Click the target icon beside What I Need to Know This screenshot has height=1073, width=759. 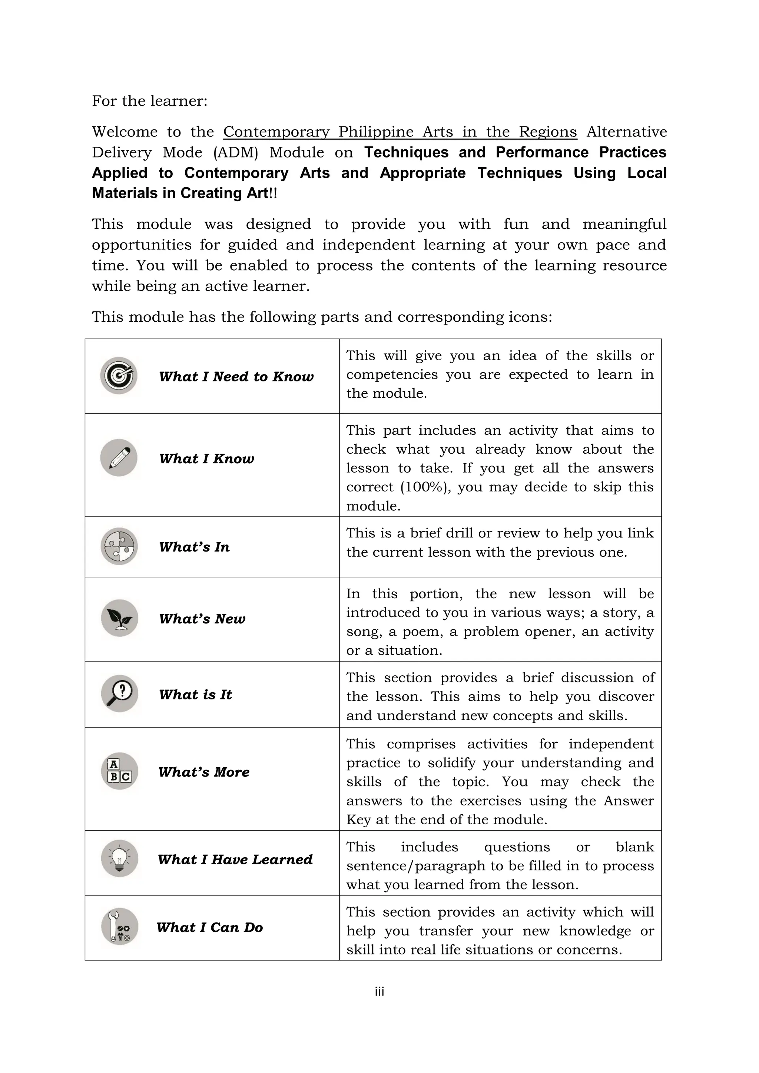click(x=119, y=376)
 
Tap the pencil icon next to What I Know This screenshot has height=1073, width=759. click(x=119, y=458)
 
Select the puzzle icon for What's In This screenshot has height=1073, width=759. click(x=119, y=546)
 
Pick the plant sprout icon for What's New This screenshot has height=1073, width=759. click(x=120, y=618)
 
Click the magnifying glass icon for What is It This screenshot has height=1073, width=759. click(x=120, y=693)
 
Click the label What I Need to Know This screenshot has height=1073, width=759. click(x=236, y=377)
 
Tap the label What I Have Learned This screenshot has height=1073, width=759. click(x=235, y=860)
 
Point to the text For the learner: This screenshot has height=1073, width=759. click(x=150, y=101)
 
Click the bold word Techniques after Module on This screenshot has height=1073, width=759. click(x=406, y=152)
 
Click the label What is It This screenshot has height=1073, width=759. click(x=195, y=695)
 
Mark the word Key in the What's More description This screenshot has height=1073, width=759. click(x=358, y=820)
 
